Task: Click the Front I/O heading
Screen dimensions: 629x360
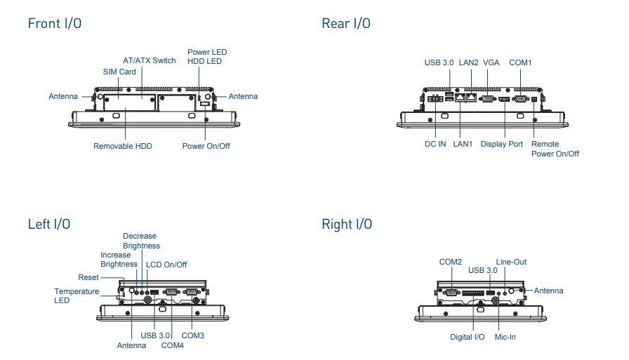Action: click(x=55, y=23)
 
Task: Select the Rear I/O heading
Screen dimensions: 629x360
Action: click(x=346, y=23)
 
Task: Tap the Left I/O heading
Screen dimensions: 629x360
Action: click(x=49, y=224)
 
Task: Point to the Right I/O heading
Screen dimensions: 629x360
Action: click(x=347, y=224)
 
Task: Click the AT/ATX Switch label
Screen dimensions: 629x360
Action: click(x=150, y=60)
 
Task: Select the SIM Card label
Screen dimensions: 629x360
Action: click(x=119, y=72)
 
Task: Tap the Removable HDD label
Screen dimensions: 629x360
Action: click(x=123, y=146)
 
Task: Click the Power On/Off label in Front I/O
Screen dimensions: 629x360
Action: click(x=206, y=146)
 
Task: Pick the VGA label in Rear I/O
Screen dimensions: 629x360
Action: click(x=491, y=62)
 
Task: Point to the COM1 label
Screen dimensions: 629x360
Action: click(x=520, y=62)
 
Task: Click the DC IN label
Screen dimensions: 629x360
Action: click(x=435, y=144)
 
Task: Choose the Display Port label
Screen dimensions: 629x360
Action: click(x=502, y=144)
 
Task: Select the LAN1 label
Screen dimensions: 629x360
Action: click(x=463, y=144)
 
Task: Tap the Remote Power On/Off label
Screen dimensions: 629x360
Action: click(x=555, y=149)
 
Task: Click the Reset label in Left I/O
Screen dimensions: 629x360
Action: click(x=88, y=277)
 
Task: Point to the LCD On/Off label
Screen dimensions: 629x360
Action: click(x=166, y=265)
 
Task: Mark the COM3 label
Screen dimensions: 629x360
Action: click(x=193, y=335)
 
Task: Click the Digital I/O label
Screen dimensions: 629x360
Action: click(x=468, y=337)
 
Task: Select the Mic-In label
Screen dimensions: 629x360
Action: click(x=505, y=337)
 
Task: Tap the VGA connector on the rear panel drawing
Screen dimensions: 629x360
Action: click(x=488, y=99)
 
